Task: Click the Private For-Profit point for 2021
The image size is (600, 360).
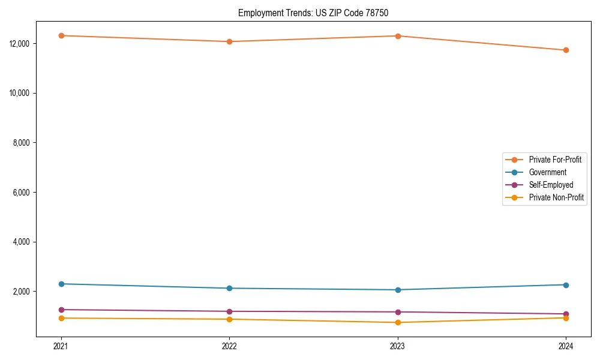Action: click(61, 35)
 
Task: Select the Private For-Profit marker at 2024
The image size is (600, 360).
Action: click(566, 50)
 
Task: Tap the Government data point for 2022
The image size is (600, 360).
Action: click(229, 288)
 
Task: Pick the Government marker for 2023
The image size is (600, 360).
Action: click(398, 290)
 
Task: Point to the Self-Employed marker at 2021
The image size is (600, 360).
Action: click(61, 310)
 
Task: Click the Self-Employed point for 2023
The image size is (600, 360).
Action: click(398, 312)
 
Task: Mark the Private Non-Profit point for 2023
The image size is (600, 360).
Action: click(398, 322)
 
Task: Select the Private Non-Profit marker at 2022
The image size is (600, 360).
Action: click(229, 319)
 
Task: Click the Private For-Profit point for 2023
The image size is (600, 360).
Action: click(398, 36)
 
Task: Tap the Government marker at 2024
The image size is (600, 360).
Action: click(566, 284)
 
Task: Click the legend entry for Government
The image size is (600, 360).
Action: click(547, 172)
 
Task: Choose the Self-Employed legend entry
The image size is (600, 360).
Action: click(551, 185)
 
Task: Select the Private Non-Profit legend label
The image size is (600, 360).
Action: click(556, 197)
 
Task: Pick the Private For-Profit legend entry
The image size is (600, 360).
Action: click(555, 160)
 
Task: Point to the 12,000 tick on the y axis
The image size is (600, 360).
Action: click(20, 44)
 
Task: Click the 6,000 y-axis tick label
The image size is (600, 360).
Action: click(22, 193)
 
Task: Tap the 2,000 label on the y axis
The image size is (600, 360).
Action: click(22, 292)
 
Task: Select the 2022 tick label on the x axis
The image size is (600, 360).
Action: click(229, 346)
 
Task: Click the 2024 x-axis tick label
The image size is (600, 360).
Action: click(566, 346)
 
